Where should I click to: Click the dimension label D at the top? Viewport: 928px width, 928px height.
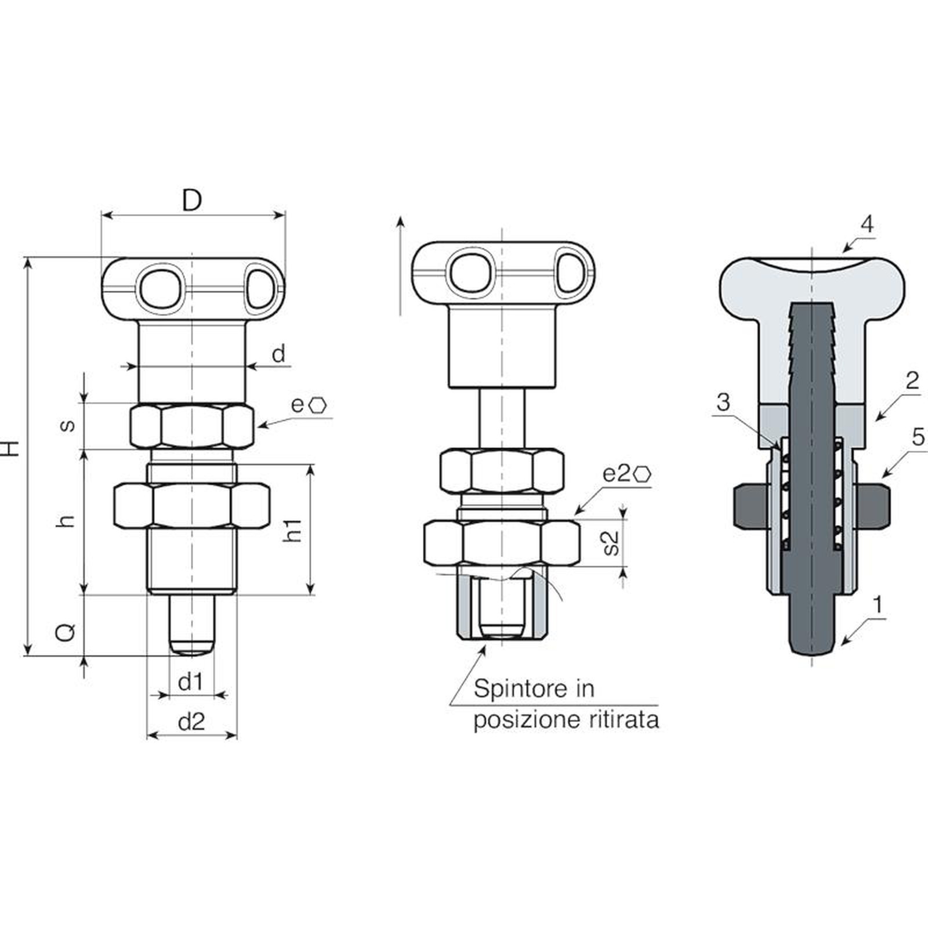(192, 201)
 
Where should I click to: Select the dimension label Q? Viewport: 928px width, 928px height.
(66, 632)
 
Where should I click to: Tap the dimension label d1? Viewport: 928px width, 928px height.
(191, 682)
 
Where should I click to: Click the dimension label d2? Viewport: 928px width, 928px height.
(191, 722)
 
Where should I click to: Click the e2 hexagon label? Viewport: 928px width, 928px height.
(626, 473)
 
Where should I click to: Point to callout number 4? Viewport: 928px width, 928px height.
(867, 224)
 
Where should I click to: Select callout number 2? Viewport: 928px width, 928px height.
(912, 380)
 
